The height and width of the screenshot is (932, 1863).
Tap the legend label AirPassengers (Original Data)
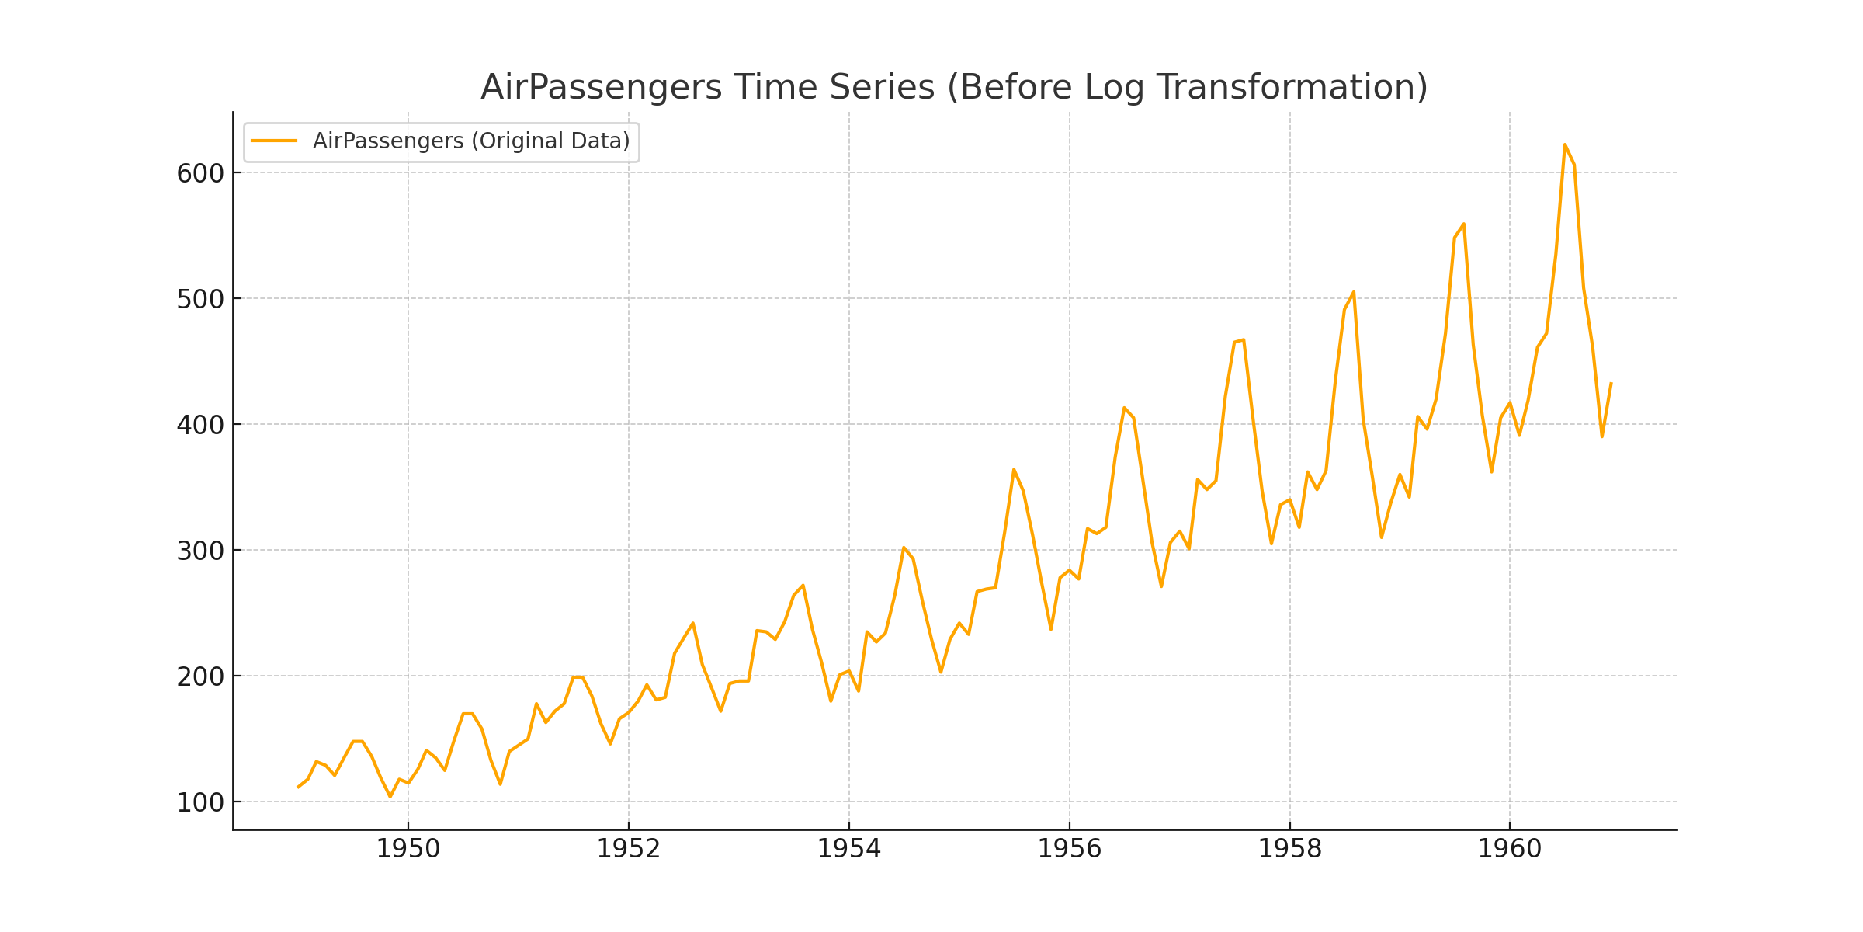[x=471, y=141]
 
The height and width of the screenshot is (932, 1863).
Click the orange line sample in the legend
[x=274, y=141]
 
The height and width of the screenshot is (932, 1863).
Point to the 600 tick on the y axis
[x=200, y=173]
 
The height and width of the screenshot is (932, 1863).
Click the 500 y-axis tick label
[x=200, y=299]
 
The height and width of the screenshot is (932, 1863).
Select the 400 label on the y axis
[x=200, y=425]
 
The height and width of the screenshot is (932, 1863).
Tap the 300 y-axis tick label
[x=200, y=551]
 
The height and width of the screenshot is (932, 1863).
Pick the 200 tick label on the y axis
[x=200, y=676]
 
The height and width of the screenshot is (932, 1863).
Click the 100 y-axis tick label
[x=200, y=802]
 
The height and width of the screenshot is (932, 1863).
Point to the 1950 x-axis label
[x=408, y=849]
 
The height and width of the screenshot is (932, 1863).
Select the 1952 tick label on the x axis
[x=629, y=849]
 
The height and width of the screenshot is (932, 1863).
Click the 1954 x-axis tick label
[x=849, y=849]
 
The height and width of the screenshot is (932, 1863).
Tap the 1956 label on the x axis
[x=1070, y=849]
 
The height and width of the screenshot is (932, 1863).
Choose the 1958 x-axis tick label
[x=1290, y=849]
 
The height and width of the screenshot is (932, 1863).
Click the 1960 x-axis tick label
[x=1510, y=849]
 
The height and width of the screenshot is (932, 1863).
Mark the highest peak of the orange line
[x=1564, y=144]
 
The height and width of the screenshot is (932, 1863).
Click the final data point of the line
[x=1611, y=383]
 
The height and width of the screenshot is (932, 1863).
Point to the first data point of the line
[x=298, y=787]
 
